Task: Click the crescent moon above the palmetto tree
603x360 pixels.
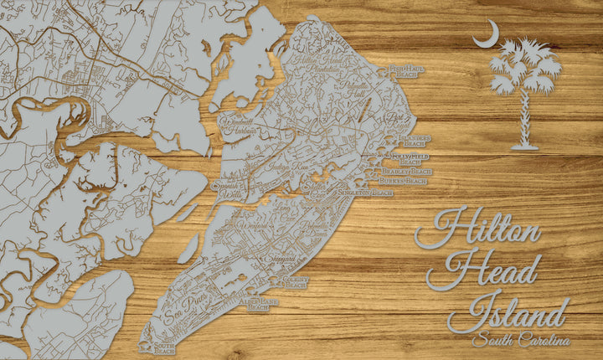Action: point(487,34)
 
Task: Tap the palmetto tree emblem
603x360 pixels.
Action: point(525,92)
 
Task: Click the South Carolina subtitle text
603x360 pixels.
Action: point(520,341)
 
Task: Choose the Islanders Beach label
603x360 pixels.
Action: point(414,139)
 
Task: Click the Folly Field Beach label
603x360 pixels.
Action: point(411,157)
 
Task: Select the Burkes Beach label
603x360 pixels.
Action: point(404,181)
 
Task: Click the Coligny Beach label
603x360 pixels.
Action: point(296,282)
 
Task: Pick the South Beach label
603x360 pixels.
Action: point(164,347)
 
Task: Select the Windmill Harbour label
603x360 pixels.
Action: point(235,126)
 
